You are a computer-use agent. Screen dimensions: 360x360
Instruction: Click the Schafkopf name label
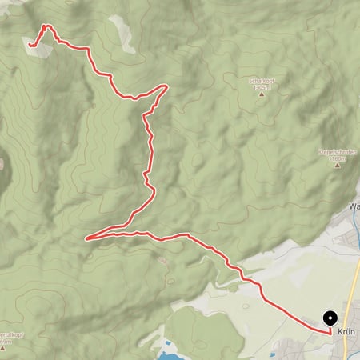[x=262, y=80]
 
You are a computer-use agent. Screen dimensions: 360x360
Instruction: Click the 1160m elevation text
[x=337, y=159]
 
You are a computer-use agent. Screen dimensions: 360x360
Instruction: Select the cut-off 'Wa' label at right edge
[x=354, y=206]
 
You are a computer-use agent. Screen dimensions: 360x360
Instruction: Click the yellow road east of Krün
[x=353, y=288]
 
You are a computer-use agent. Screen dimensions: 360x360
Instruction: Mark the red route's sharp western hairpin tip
[x=86, y=238]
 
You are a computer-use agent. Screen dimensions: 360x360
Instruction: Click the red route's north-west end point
[x=30, y=46]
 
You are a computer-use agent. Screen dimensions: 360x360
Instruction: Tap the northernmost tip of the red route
[x=45, y=26]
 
